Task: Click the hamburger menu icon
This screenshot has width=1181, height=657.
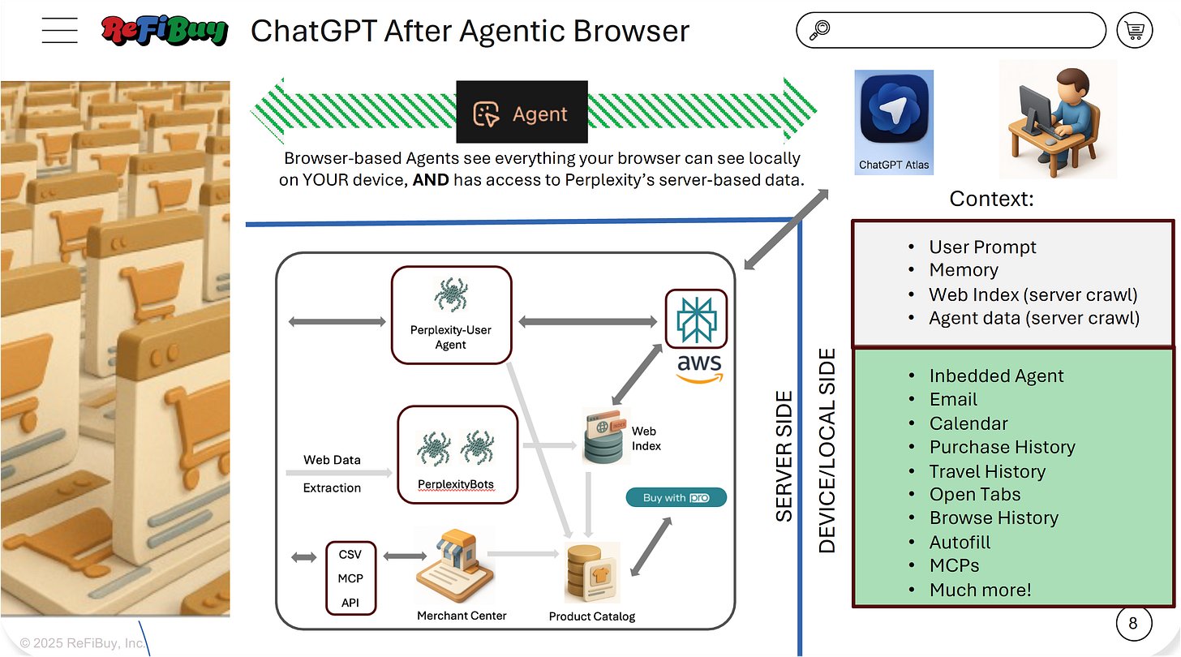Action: tap(59, 31)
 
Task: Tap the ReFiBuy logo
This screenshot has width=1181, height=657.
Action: tap(165, 32)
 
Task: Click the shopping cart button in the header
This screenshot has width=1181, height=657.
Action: tap(1134, 31)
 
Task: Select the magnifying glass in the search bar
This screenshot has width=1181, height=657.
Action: tap(819, 31)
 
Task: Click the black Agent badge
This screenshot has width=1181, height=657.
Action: tap(522, 113)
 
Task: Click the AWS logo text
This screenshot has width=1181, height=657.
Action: tap(698, 365)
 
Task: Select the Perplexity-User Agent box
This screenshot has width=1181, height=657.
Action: tap(451, 315)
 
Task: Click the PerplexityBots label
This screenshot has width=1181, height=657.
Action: tap(455, 484)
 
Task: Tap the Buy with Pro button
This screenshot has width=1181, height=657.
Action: tap(676, 497)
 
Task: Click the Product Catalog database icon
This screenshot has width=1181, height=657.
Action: tap(590, 573)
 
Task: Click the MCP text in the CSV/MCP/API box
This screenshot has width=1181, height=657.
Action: tap(350, 578)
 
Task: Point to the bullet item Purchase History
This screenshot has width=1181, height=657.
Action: tap(1002, 447)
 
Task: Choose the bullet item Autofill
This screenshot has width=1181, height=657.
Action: tap(960, 542)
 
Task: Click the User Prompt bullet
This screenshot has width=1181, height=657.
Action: tap(982, 247)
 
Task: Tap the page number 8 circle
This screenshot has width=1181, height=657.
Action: tap(1133, 623)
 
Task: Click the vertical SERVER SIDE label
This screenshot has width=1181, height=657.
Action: tap(784, 456)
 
